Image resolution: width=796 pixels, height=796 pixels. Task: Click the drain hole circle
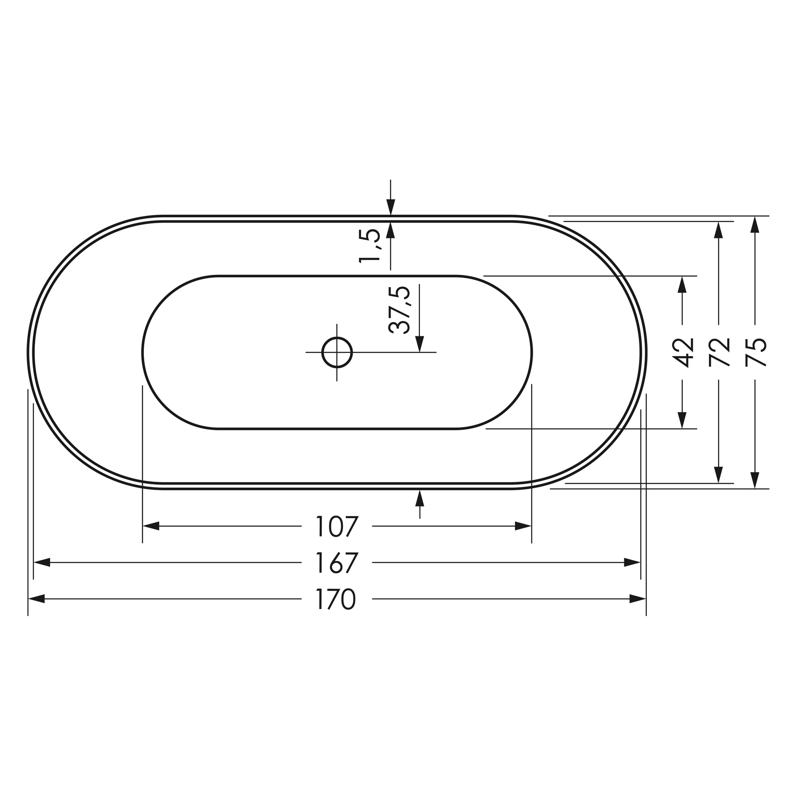point(337,352)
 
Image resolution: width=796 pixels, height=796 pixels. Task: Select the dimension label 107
point(336,527)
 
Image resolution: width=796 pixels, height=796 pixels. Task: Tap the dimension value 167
point(336,563)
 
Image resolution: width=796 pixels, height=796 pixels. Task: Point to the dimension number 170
point(336,599)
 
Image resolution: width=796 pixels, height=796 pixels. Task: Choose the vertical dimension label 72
point(719,352)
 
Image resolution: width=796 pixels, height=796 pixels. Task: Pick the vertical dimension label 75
point(755,352)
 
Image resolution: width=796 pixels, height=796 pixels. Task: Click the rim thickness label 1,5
point(369,245)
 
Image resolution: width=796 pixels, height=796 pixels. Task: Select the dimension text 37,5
point(400,310)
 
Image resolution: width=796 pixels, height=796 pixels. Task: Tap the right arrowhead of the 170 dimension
point(638,599)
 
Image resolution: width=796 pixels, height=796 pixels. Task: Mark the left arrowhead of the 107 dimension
point(151,527)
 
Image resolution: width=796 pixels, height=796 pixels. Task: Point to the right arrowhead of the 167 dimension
point(632,563)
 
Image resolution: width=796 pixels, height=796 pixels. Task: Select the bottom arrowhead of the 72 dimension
point(719,475)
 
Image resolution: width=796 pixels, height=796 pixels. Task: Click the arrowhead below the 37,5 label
point(420,343)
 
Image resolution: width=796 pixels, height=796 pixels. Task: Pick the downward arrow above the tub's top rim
point(391,207)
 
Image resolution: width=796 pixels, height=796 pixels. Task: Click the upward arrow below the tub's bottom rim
point(420,498)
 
